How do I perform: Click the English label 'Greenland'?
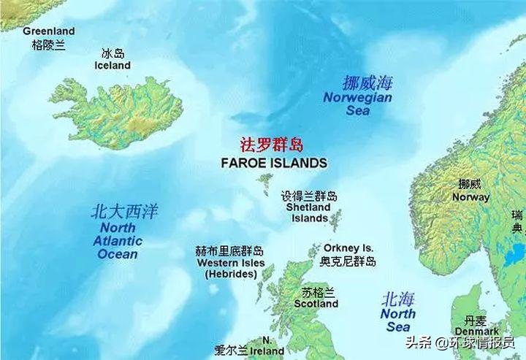click(49, 31)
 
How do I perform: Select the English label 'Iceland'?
click(113, 66)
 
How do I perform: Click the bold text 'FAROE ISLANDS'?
click(274, 163)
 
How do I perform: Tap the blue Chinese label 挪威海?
click(368, 83)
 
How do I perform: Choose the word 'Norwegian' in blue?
click(358, 98)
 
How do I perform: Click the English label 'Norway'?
click(470, 197)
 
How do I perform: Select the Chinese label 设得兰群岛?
click(310, 196)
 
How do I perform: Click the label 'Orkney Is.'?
click(348, 248)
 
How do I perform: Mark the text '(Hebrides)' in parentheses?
click(231, 275)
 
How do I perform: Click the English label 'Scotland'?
click(316, 304)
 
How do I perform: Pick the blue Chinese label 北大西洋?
click(124, 212)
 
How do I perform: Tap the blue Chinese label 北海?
click(398, 299)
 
